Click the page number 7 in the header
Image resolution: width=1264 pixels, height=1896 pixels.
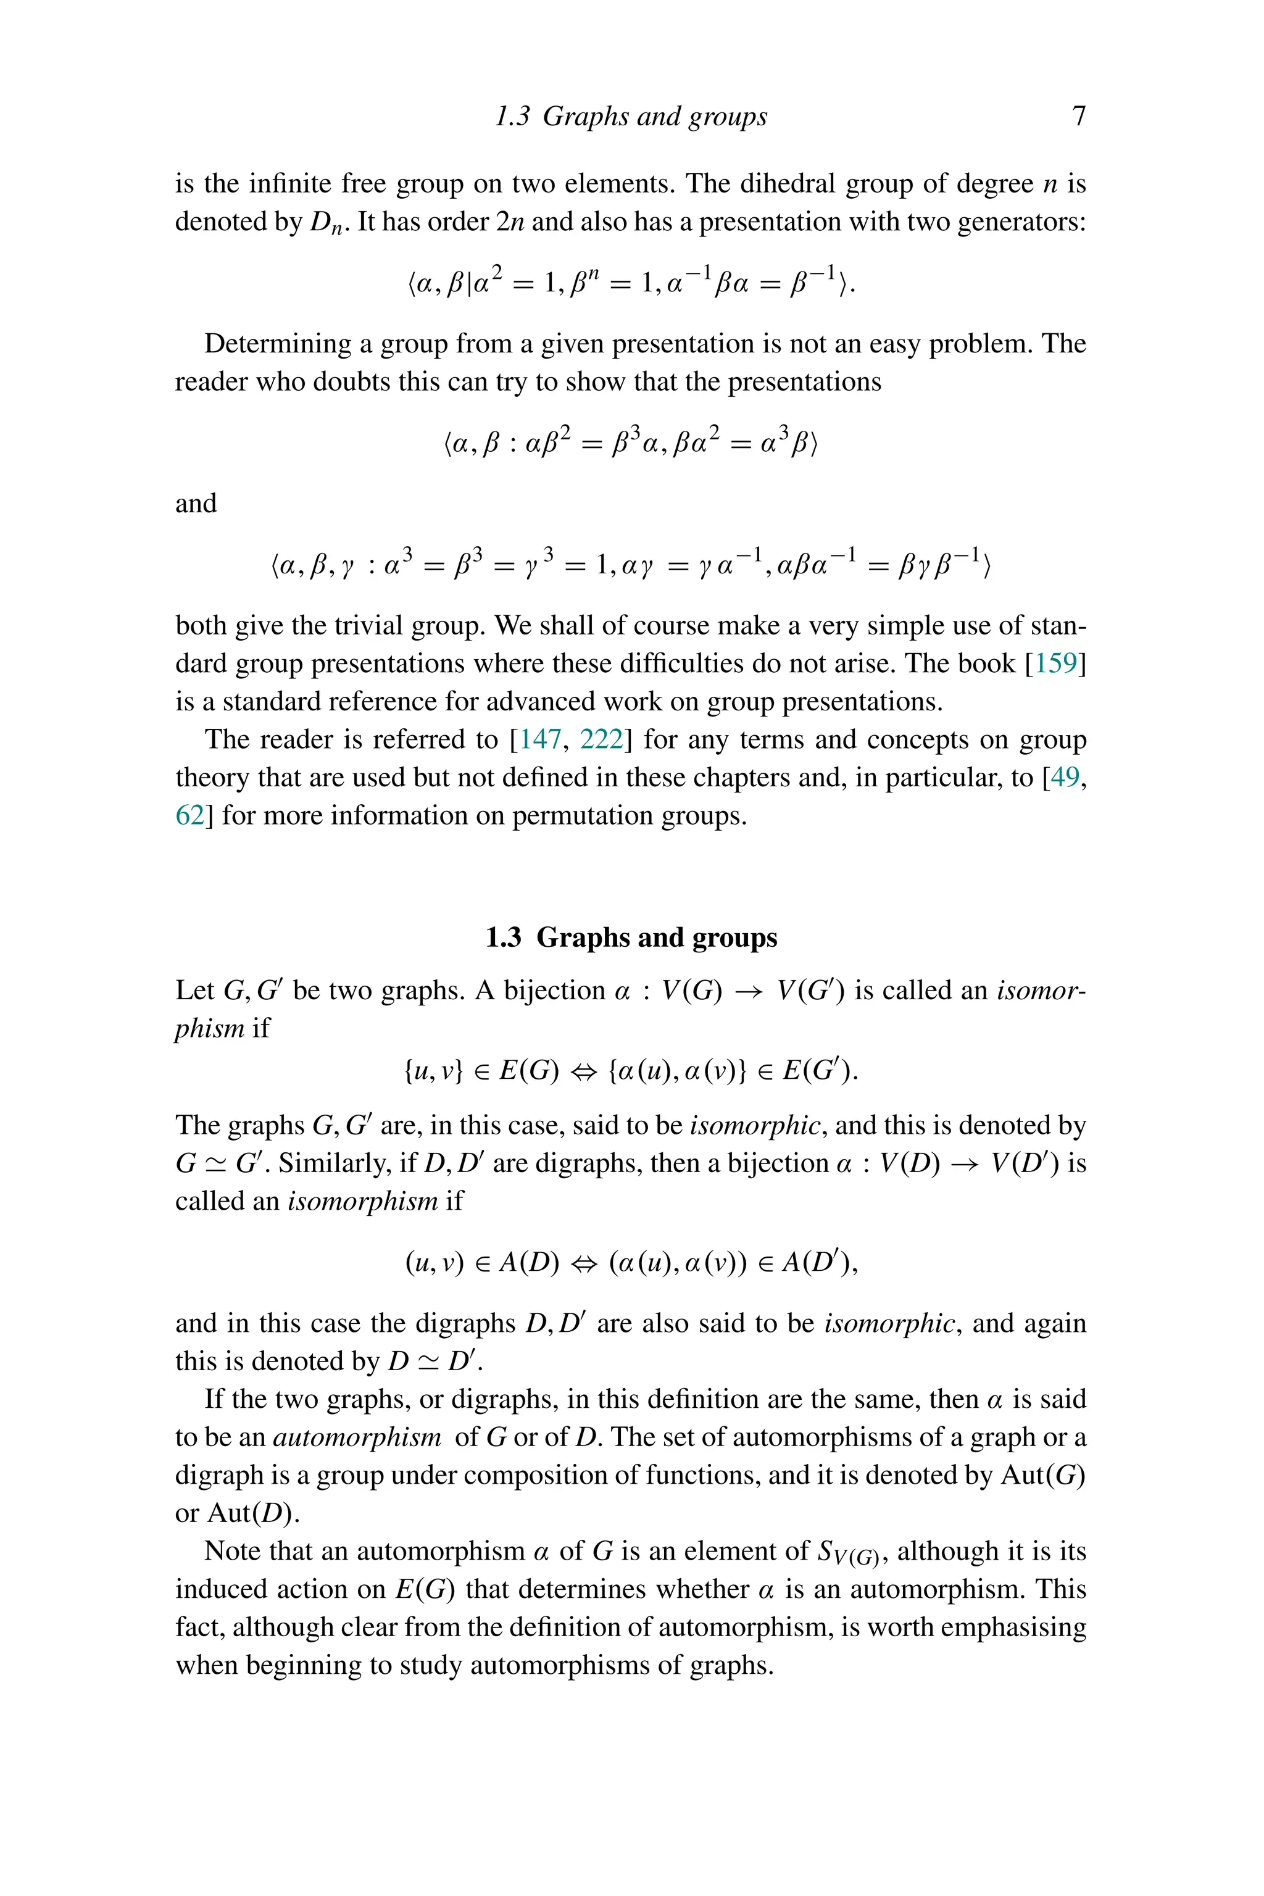[x=1079, y=116]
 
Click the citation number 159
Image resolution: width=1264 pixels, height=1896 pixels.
[x=1055, y=663]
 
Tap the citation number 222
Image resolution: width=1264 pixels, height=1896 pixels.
[x=601, y=739]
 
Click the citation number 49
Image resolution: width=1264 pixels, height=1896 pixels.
[x=1065, y=777]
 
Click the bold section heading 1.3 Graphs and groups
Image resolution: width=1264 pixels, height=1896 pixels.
[x=631, y=938]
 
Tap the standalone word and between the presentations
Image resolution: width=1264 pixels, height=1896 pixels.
[x=196, y=503]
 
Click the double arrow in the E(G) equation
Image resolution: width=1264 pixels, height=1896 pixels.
[x=584, y=1072]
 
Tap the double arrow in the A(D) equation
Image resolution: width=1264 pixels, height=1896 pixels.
[x=584, y=1262]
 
